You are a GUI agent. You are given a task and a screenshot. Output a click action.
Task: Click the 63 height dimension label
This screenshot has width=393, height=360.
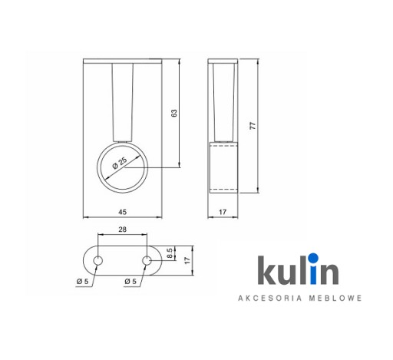pyautogui.click(x=174, y=113)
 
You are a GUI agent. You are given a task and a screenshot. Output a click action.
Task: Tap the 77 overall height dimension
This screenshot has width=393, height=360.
pyautogui.click(x=253, y=126)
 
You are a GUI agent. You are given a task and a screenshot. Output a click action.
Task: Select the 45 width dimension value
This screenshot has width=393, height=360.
pyautogui.click(x=123, y=212)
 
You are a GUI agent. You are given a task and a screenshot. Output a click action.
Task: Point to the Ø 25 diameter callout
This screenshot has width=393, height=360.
pyautogui.click(x=120, y=163)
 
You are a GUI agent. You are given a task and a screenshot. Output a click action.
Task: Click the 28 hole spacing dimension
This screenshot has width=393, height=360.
pyautogui.click(x=123, y=230)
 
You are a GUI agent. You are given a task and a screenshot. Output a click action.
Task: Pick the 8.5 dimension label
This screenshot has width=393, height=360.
pyautogui.click(x=170, y=253)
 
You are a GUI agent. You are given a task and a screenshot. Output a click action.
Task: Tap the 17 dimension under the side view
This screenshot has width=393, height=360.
pyautogui.click(x=223, y=212)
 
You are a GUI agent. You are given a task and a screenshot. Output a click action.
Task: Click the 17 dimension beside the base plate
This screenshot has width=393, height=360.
pyautogui.click(x=187, y=260)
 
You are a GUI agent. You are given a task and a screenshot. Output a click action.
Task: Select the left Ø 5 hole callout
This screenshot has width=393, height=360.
pyautogui.click(x=82, y=282)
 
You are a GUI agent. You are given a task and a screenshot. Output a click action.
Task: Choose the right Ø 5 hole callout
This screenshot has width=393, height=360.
pyautogui.click(x=130, y=282)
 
